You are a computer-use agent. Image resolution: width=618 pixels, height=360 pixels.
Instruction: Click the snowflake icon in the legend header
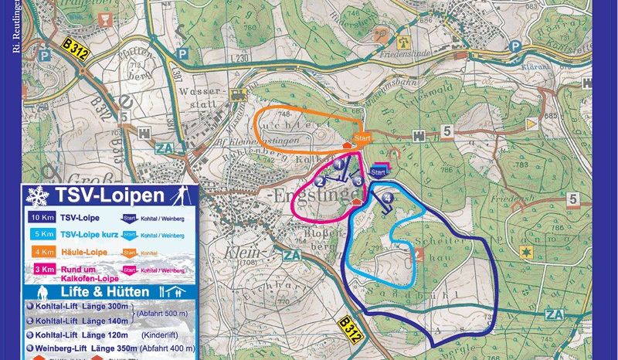[35, 195]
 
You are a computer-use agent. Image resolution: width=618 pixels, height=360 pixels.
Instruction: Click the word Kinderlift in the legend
[161, 335]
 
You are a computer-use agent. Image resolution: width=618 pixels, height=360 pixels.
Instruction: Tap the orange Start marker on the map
[360, 139]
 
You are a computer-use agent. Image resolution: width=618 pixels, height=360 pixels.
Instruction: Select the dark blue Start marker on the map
[379, 171]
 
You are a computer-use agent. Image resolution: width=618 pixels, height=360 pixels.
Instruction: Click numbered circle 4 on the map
[388, 199]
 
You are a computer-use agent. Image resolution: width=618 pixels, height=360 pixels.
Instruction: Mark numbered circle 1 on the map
[338, 165]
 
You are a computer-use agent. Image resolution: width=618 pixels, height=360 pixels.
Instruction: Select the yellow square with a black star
[528, 253]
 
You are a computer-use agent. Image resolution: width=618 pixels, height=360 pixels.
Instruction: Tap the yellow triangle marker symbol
[530, 124]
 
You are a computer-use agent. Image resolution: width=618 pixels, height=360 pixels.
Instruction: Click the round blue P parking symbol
[514, 46]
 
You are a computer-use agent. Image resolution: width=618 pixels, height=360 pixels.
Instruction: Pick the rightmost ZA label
[554, 314]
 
